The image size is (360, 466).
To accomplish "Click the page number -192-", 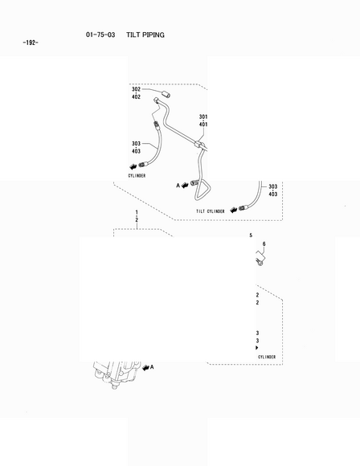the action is pyautogui.click(x=31, y=43).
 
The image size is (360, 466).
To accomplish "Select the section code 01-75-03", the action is pyautogui.click(x=100, y=35).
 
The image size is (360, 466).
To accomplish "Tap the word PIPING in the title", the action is pyautogui.click(x=153, y=35).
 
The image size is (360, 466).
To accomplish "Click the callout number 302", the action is pyautogui.click(x=136, y=89).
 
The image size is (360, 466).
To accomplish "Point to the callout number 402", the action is pyautogui.click(x=136, y=97).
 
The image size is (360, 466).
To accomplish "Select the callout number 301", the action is pyautogui.click(x=203, y=117).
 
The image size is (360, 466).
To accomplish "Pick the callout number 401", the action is pyautogui.click(x=203, y=125).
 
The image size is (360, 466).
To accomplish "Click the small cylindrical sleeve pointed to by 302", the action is pyautogui.click(x=166, y=95).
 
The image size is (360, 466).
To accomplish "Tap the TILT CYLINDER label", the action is pyautogui.click(x=211, y=211).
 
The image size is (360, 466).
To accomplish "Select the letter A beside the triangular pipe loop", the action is pyautogui.click(x=178, y=186).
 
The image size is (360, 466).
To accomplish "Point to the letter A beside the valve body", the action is pyautogui.click(x=152, y=367).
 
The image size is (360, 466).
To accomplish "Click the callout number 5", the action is pyautogui.click(x=251, y=235).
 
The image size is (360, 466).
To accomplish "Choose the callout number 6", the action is pyautogui.click(x=264, y=244).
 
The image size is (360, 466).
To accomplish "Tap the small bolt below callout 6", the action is pyautogui.click(x=260, y=262).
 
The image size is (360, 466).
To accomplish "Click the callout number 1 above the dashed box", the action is pyautogui.click(x=137, y=212).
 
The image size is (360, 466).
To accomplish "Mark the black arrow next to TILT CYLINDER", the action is pyautogui.click(x=234, y=209).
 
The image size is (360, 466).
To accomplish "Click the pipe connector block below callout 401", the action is pyautogui.click(x=199, y=145).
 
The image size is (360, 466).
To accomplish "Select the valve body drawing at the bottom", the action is pyautogui.click(x=116, y=374).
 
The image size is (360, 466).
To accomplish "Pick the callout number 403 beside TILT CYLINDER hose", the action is pyautogui.click(x=273, y=194).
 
